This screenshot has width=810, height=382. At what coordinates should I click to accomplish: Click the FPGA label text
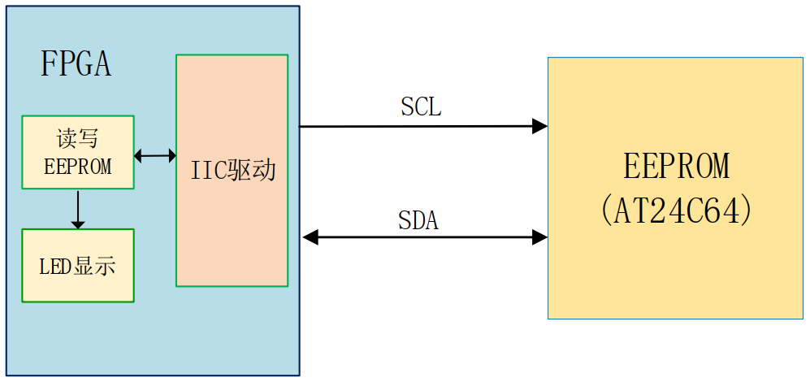pos(76,64)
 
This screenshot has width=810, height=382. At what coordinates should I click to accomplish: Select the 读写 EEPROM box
pos(78,152)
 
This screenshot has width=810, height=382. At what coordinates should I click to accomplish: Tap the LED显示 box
pos(78,266)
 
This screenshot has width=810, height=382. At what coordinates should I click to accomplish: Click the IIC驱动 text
pos(233,171)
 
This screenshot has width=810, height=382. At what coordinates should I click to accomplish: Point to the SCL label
pos(421,107)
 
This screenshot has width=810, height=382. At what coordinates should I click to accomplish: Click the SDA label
pos(418,220)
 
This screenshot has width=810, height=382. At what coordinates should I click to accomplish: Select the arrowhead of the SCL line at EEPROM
pos(540,126)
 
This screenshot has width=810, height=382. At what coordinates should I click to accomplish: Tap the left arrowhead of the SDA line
pos(310,237)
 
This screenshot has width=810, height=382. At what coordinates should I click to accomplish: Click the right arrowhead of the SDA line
pos(540,237)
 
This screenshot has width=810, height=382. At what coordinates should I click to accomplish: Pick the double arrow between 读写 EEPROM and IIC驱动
pos(155,154)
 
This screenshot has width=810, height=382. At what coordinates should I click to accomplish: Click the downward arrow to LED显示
pos(78,210)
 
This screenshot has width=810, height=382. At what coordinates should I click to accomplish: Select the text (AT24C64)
pos(677,211)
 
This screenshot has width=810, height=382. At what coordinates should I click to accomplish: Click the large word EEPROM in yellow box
pos(677,167)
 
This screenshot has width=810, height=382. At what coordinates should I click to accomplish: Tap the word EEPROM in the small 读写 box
pos(78,167)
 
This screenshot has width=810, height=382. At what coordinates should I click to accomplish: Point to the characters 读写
pos(78,138)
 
